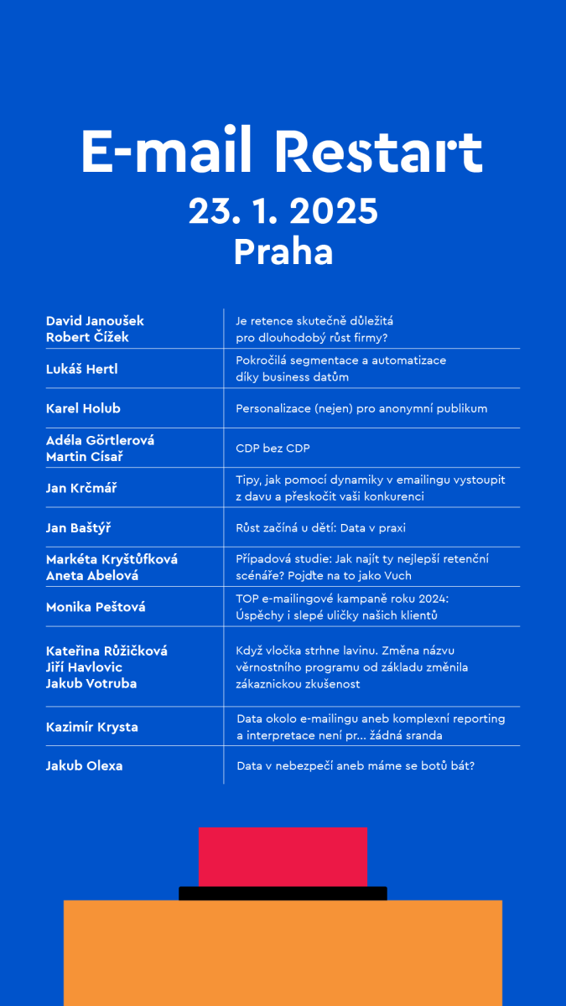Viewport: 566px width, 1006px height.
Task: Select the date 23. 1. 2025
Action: coord(283,211)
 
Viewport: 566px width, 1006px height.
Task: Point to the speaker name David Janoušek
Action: coord(95,321)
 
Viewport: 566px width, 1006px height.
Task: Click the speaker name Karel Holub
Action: coord(83,408)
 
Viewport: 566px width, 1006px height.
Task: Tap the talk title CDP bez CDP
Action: coord(273,449)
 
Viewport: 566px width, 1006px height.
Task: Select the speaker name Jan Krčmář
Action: coord(81,488)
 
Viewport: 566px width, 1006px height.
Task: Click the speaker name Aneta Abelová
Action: coord(92,576)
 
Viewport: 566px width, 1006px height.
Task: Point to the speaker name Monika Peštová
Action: coord(96,607)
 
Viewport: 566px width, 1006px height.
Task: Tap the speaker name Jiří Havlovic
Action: coord(84,667)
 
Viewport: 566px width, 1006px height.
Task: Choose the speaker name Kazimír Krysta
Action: coord(91,727)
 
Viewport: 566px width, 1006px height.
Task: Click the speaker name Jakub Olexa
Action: coord(84,765)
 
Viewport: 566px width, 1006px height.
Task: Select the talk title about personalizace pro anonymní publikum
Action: coord(361,408)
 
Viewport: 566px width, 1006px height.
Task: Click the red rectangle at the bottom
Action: coord(283,857)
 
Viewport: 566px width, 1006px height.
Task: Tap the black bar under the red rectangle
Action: coord(283,894)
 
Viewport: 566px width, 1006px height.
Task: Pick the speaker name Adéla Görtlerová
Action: coord(100,440)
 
